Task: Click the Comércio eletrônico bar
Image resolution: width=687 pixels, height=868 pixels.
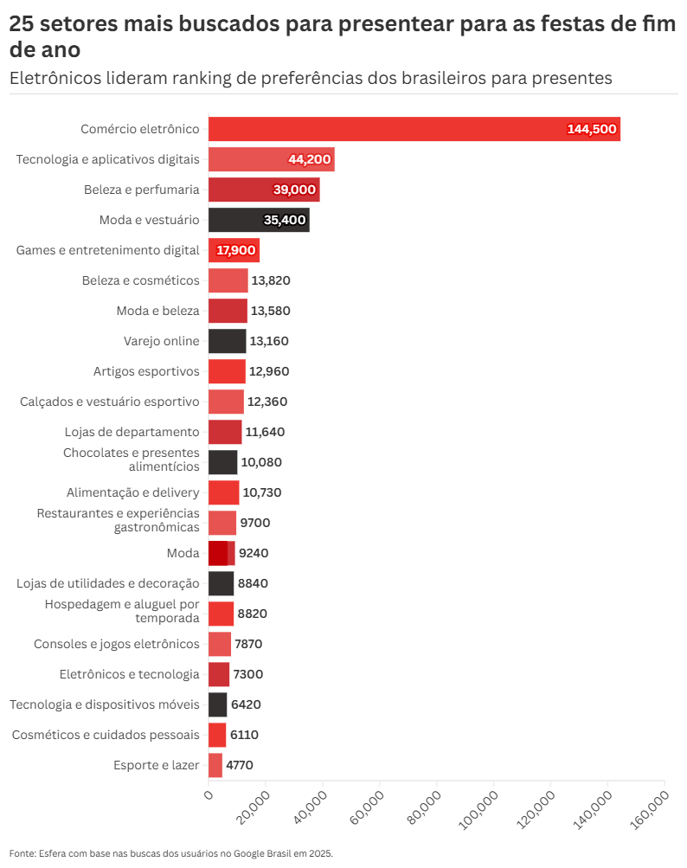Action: [x=414, y=129]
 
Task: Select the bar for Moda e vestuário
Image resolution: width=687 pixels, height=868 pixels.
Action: [x=259, y=220]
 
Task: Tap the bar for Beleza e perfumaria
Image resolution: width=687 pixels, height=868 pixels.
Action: [x=264, y=190]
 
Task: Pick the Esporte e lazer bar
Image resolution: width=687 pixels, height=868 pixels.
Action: [x=215, y=765]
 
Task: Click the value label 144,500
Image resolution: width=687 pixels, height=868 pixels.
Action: [x=592, y=129]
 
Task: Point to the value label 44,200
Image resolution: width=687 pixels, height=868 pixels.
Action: [x=310, y=159]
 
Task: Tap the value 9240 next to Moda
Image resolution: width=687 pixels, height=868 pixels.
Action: [x=253, y=553]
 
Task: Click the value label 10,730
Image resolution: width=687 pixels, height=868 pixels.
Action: [x=262, y=492]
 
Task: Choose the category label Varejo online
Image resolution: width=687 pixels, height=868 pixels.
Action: [x=162, y=341]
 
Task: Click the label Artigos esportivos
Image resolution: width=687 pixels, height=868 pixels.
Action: [x=146, y=371]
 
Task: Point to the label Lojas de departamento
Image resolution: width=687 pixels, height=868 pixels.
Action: [x=132, y=432]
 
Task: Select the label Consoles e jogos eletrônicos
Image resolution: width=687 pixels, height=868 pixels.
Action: [x=117, y=644]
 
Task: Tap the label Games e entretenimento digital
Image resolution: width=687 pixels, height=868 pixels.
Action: [x=108, y=250]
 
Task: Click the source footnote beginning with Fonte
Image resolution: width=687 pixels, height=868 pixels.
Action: [x=171, y=852]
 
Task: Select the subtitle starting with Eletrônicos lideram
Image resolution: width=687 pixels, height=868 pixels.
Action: [x=311, y=78]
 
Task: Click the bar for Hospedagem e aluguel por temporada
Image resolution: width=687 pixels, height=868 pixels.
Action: [x=221, y=614]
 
